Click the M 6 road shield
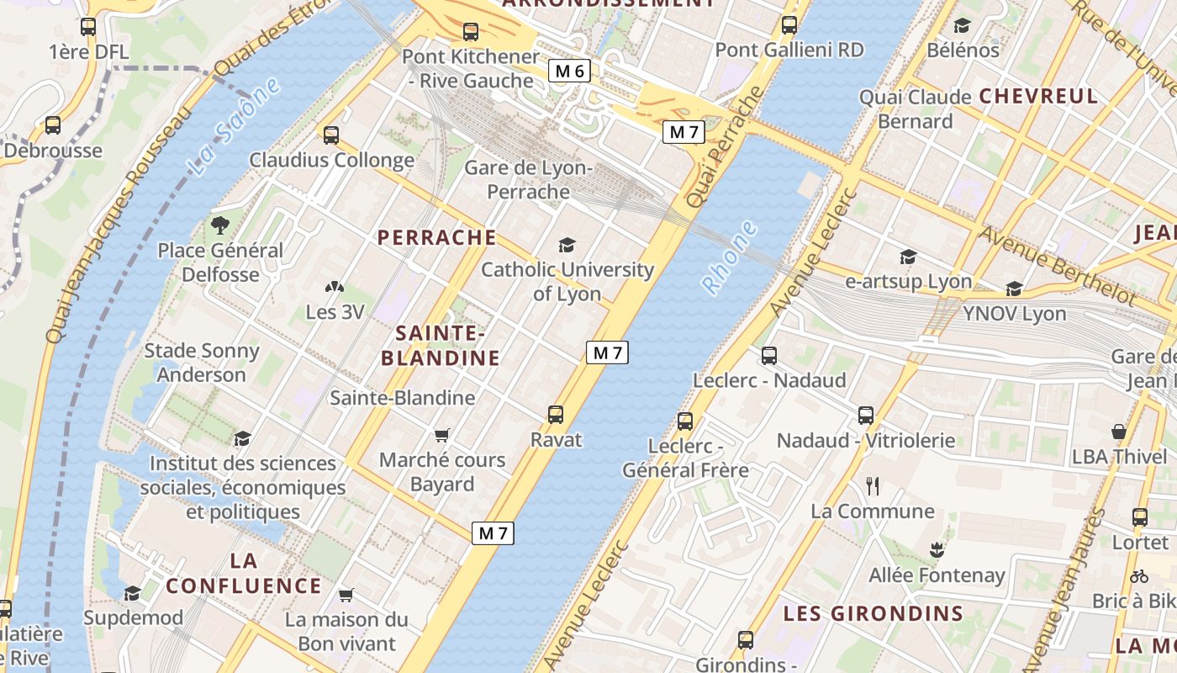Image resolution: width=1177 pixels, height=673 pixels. (569, 72)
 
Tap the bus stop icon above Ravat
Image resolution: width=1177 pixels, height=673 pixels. (555, 414)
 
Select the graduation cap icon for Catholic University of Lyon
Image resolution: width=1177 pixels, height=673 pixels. (567, 246)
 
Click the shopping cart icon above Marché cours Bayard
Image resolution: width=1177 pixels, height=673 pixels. (442, 435)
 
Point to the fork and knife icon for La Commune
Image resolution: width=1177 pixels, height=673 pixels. (873, 485)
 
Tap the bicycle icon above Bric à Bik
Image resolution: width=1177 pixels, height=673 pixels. (1139, 576)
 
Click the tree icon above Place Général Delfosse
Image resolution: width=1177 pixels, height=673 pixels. (220, 225)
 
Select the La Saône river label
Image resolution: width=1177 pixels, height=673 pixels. (234, 126)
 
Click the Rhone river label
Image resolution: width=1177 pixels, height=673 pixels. (730, 257)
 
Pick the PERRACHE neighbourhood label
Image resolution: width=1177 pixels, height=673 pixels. (437, 237)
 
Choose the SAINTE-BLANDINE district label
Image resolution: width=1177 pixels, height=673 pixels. (441, 346)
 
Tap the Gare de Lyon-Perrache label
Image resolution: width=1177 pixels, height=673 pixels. (529, 180)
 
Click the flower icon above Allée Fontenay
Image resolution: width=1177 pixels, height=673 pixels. (937, 551)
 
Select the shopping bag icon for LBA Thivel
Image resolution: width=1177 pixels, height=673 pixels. (1119, 432)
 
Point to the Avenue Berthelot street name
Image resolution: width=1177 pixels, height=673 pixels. (1057, 264)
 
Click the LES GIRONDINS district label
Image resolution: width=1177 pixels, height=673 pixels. (873, 613)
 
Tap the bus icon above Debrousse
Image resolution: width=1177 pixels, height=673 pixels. (53, 125)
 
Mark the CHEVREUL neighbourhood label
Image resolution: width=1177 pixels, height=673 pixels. (1038, 96)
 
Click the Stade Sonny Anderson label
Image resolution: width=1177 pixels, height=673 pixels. (202, 363)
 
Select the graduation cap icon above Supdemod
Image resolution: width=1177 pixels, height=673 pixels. (133, 593)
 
